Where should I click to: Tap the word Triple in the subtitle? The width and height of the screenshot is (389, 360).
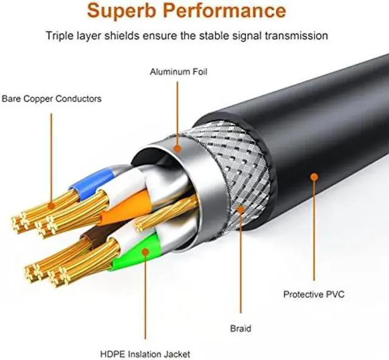tap(59, 35)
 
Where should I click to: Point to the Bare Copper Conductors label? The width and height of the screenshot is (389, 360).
tap(52, 98)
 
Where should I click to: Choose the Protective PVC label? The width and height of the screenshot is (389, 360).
tap(314, 294)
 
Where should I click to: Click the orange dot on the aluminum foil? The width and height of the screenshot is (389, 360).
tap(177, 148)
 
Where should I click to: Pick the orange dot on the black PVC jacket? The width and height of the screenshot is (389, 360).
tap(314, 176)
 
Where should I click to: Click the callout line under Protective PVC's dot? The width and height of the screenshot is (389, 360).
tap(314, 231)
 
